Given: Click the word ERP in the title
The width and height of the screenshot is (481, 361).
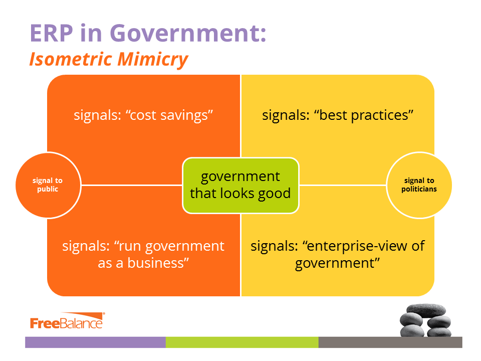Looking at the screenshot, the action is (51, 33).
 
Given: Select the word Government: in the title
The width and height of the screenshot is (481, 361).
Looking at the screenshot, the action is (188, 33).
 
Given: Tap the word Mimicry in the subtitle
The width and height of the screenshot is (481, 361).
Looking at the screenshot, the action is (152, 59).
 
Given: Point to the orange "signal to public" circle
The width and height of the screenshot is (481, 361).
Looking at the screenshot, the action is (48, 185).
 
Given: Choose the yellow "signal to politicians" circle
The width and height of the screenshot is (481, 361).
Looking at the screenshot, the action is (419, 185).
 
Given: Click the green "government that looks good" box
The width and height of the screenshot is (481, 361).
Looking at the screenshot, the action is (241, 186).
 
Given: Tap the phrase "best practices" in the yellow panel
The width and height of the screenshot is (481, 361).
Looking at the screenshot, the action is (364, 115).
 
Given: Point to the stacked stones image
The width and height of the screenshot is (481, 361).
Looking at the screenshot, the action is (425, 320).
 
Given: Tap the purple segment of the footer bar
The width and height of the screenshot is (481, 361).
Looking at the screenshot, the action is (95, 342).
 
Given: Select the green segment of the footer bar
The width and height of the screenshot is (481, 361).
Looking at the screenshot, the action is (242, 342).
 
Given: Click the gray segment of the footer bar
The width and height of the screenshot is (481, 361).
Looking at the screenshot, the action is (390, 342).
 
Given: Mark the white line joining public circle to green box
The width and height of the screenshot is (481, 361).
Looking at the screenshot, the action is (132, 185).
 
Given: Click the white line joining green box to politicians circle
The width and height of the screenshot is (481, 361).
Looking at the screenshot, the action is (343, 185).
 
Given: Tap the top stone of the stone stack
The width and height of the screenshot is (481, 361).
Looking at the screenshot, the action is (426, 310).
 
